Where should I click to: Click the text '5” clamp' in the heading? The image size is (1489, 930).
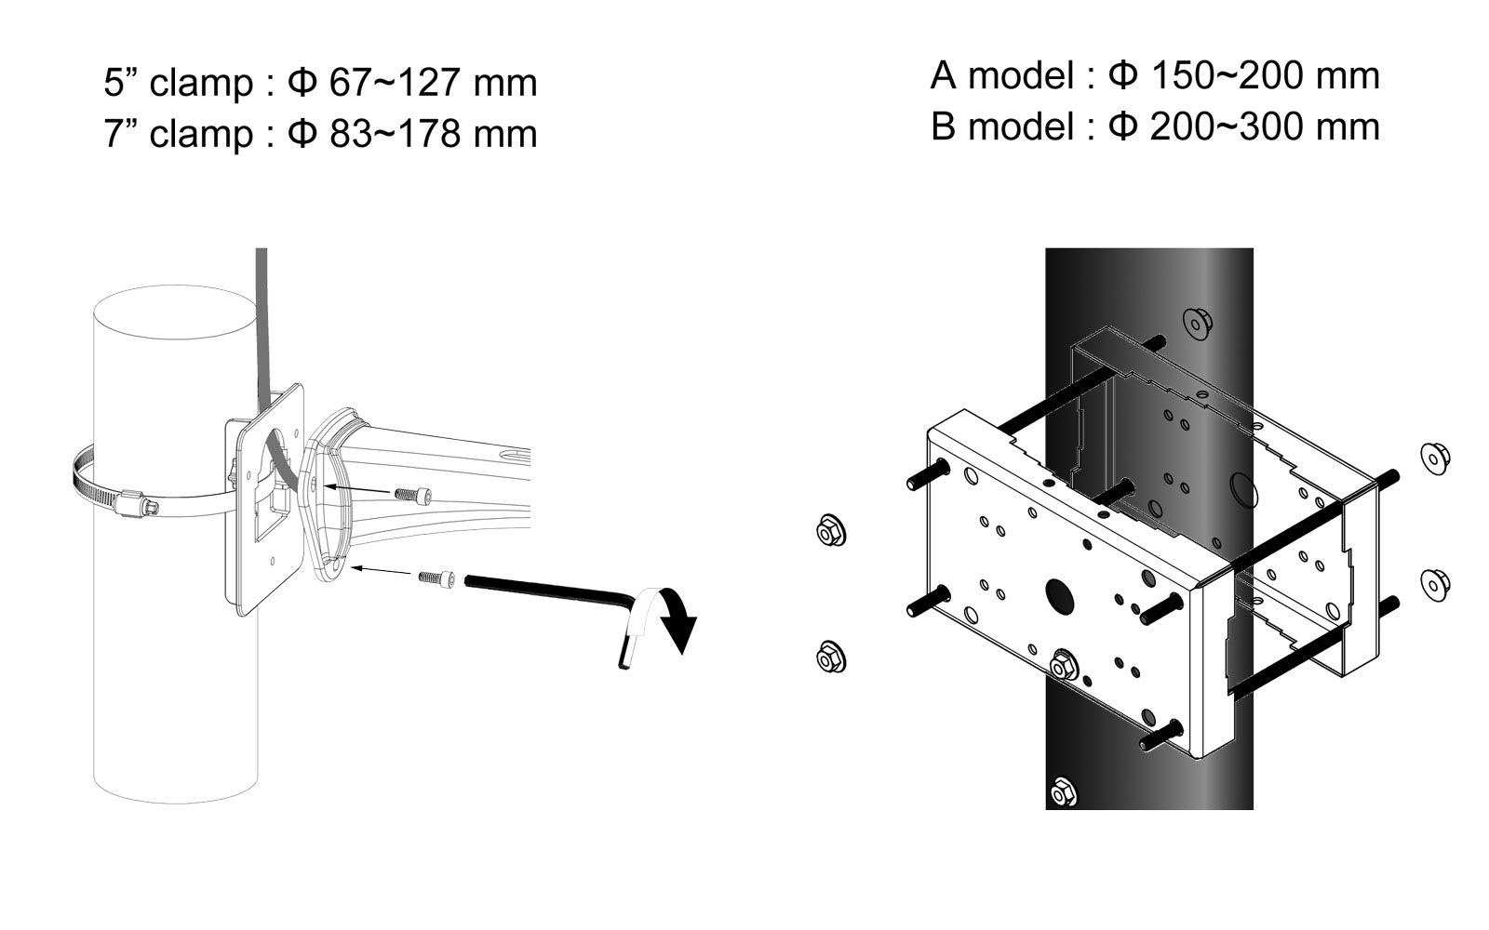(x=179, y=83)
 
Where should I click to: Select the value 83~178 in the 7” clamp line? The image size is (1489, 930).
(x=395, y=133)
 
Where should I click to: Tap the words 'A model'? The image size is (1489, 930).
(x=1001, y=75)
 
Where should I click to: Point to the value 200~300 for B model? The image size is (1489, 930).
(x=1217, y=126)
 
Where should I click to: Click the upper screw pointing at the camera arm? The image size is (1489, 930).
(x=413, y=494)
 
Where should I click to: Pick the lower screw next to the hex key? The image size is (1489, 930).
(x=437, y=578)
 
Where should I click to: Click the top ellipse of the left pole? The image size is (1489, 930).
(x=176, y=312)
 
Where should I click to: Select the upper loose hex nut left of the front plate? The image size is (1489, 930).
(x=831, y=530)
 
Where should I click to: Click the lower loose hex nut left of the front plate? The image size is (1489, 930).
(x=831, y=657)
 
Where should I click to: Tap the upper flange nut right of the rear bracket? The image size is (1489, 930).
(x=1435, y=458)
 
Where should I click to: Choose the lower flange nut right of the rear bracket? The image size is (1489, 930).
(x=1435, y=585)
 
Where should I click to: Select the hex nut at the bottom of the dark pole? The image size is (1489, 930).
(x=1064, y=791)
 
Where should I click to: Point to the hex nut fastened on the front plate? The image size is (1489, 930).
(x=1065, y=665)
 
